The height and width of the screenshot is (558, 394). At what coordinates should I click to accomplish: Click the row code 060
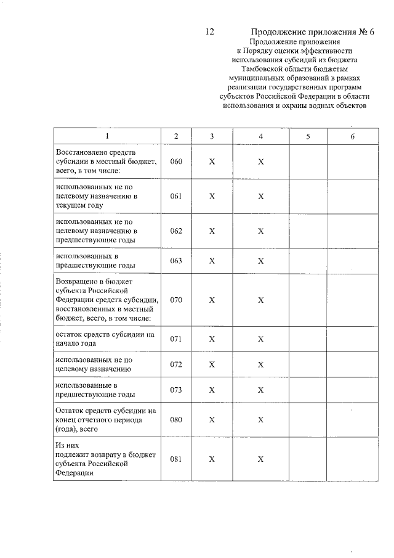click(176, 162)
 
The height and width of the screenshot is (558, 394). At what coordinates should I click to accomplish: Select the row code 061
click(176, 196)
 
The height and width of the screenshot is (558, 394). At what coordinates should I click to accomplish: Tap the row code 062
click(176, 231)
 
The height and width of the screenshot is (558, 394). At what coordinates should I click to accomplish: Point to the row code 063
click(176, 261)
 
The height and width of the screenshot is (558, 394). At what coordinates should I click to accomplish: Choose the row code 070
click(176, 300)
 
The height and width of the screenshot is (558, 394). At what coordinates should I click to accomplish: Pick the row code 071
click(176, 339)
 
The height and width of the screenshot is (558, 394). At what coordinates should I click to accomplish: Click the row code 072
click(176, 364)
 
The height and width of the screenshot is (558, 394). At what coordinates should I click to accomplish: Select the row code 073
click(176, 390)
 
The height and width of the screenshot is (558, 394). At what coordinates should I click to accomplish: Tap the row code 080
click(176, 420)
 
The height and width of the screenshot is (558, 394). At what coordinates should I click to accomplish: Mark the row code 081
click(176, 459)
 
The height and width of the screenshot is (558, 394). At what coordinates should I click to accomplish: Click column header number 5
click(308, 136)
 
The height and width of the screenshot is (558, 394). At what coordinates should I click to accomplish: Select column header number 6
click(353, 136)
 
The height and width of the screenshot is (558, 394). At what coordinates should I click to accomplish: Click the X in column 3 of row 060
click(211, 162)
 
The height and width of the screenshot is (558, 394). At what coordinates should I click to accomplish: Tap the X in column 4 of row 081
click(260, 459)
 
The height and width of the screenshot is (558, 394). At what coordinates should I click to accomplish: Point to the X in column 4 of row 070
click(260, 300)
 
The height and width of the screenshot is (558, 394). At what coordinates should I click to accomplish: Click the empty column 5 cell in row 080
click(308, 420)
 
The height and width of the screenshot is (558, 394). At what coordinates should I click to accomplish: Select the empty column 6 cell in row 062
click(353, 231)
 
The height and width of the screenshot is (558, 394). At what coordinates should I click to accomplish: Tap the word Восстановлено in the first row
click(81, 152)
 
